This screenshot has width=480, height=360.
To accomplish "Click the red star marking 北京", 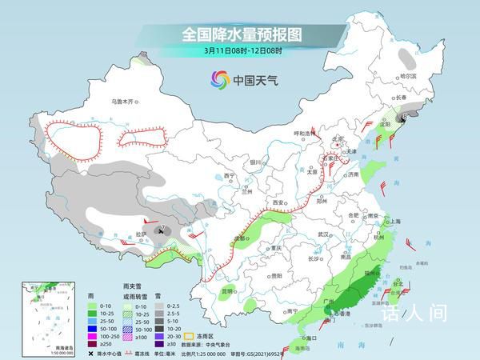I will point(335,141).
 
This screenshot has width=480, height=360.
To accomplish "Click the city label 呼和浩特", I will point(297,134).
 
